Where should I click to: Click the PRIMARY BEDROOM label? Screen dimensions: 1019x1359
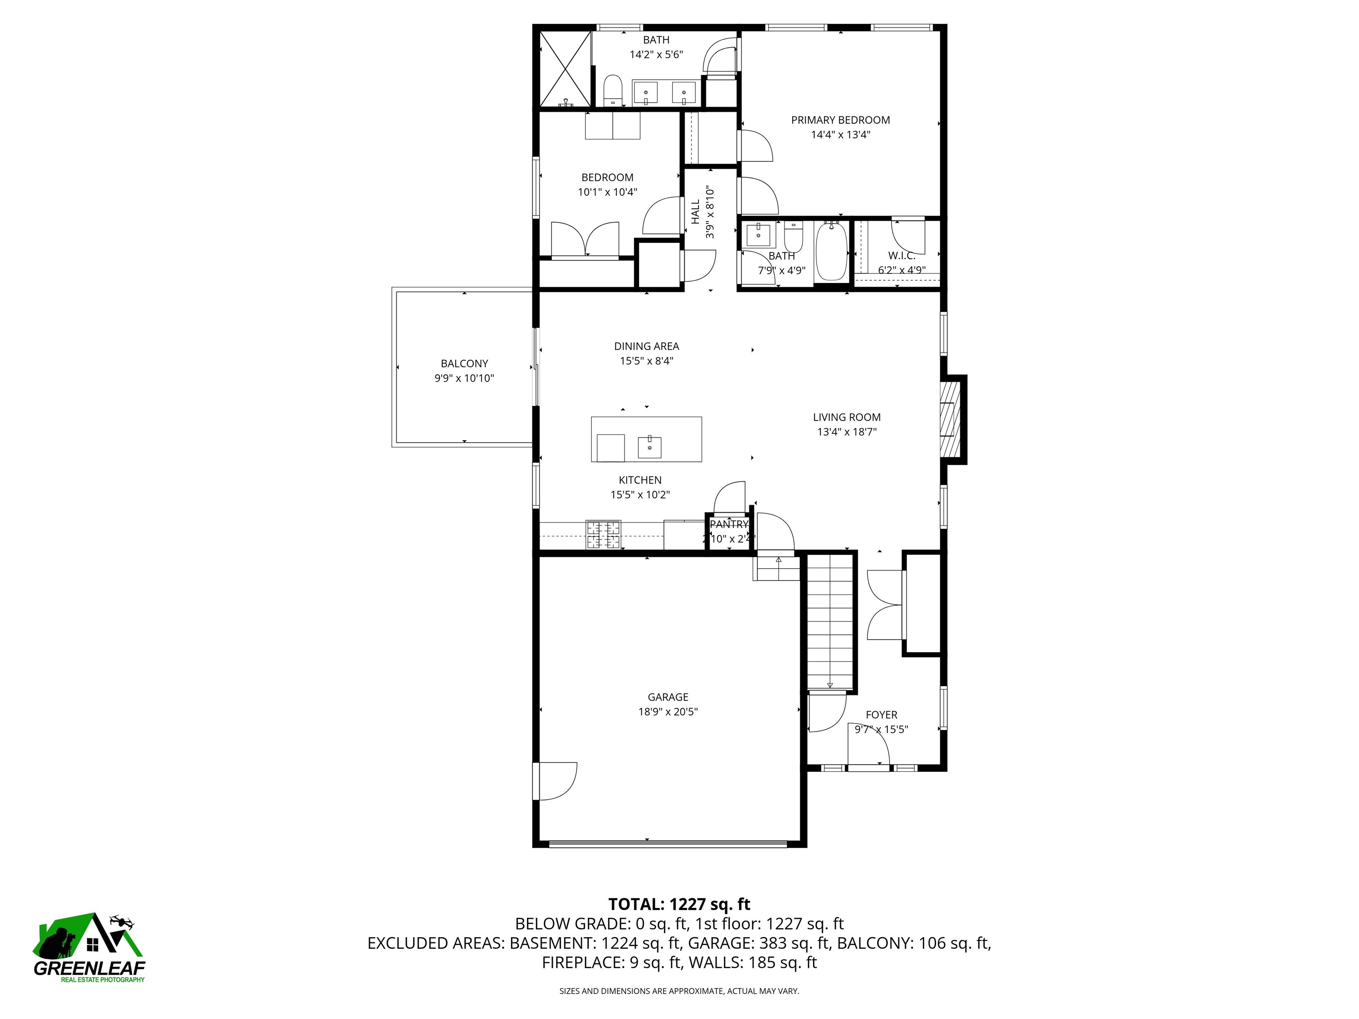(x=840, y=120)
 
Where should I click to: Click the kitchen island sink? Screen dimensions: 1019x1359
(x=649, y=447)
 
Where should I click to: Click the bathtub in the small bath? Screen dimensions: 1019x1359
(x=831, y=251)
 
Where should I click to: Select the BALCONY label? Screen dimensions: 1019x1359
(x=464, y=364)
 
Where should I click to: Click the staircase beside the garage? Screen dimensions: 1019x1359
(x=830, y=621)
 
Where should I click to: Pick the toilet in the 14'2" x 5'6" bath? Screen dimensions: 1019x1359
(x=613, y=91)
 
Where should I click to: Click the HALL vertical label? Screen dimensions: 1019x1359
(x=695, y=212)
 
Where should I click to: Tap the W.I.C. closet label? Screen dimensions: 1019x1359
(x=901, y=256)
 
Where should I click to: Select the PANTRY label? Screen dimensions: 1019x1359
(x=729, y=524)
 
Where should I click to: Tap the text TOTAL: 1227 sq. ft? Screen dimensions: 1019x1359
(x=679, y=904)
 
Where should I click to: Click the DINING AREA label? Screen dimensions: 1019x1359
(x=646, y=346)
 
